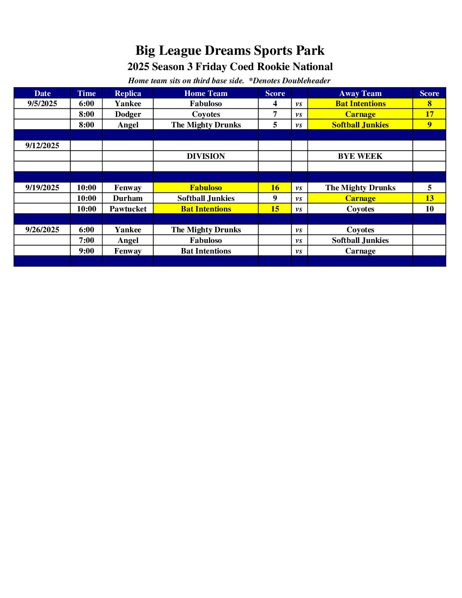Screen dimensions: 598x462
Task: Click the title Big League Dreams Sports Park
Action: (230, 51)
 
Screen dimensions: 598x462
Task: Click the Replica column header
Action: (128, 93)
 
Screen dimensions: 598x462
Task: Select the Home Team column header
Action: (206, 93)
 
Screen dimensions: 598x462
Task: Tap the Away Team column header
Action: (360, 93)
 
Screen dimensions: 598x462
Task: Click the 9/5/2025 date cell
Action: (42, 104)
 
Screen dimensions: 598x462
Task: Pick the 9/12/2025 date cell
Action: (42, 146)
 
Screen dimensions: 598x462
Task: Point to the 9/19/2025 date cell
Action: (42, 188)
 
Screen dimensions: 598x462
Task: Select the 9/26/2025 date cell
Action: (42, 230)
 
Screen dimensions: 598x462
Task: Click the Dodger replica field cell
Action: (128, 114)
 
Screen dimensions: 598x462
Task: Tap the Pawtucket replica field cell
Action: (128, 209)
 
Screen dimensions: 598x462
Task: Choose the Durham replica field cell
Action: (128, 198)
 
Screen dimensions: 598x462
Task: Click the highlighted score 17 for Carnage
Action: (429, 114)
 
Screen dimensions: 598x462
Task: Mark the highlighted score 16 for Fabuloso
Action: (275, 188)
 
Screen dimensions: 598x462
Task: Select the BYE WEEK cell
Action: (360, 156)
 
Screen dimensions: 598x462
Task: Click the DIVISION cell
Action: (206, 156)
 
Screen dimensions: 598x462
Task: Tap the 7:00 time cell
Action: (87, 240)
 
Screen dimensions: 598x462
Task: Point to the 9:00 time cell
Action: (87, 251)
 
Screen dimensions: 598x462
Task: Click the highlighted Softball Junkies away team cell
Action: (360, 125)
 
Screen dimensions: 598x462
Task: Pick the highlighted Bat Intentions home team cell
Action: (206, 209)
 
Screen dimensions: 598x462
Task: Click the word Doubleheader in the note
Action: (306, 81)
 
